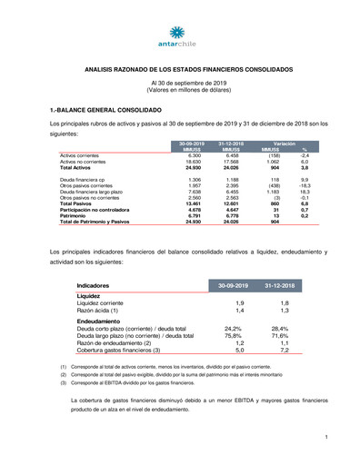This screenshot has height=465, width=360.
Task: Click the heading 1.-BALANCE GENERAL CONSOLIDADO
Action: tap(112, 109)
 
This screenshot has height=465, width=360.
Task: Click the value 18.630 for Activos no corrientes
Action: tap(193, 162)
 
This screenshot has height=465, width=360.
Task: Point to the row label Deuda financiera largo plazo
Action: tap(91, 193)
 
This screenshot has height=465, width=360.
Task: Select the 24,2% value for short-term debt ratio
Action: tap(234, 329)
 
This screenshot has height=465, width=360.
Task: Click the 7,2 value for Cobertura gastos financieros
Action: tap(284, 350)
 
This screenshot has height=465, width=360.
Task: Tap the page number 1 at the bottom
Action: tap(325, 438)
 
